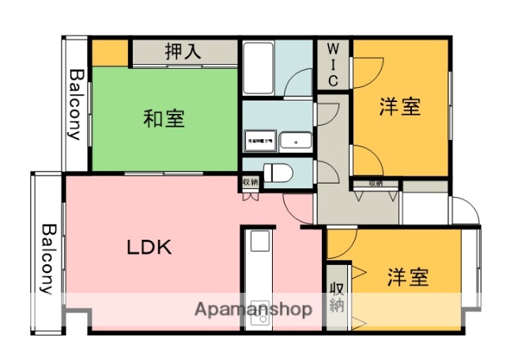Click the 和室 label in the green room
164,119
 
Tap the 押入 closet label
183,52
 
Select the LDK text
149,247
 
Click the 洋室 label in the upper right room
398,107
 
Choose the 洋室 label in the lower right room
408,278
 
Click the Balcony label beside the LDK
47,258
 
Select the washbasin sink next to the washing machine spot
296,141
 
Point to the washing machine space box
259,141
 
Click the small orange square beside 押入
111,52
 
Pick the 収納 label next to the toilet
250,183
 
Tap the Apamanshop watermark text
253,309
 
